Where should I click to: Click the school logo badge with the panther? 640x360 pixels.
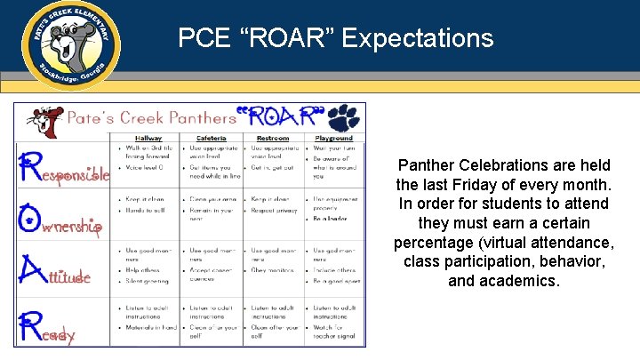pos(71,43)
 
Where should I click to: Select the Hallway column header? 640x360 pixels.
pos(148,138)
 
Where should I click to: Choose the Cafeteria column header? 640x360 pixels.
pos(211,138)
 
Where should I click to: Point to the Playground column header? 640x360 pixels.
pos(333,138)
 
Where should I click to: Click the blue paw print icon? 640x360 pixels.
pos(343,117)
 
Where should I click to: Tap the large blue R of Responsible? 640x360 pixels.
pos(32,167)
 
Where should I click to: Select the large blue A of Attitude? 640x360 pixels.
pos(32,269)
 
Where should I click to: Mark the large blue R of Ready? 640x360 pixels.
pos(32,325)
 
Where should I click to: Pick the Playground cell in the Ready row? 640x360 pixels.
pos(334,322)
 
